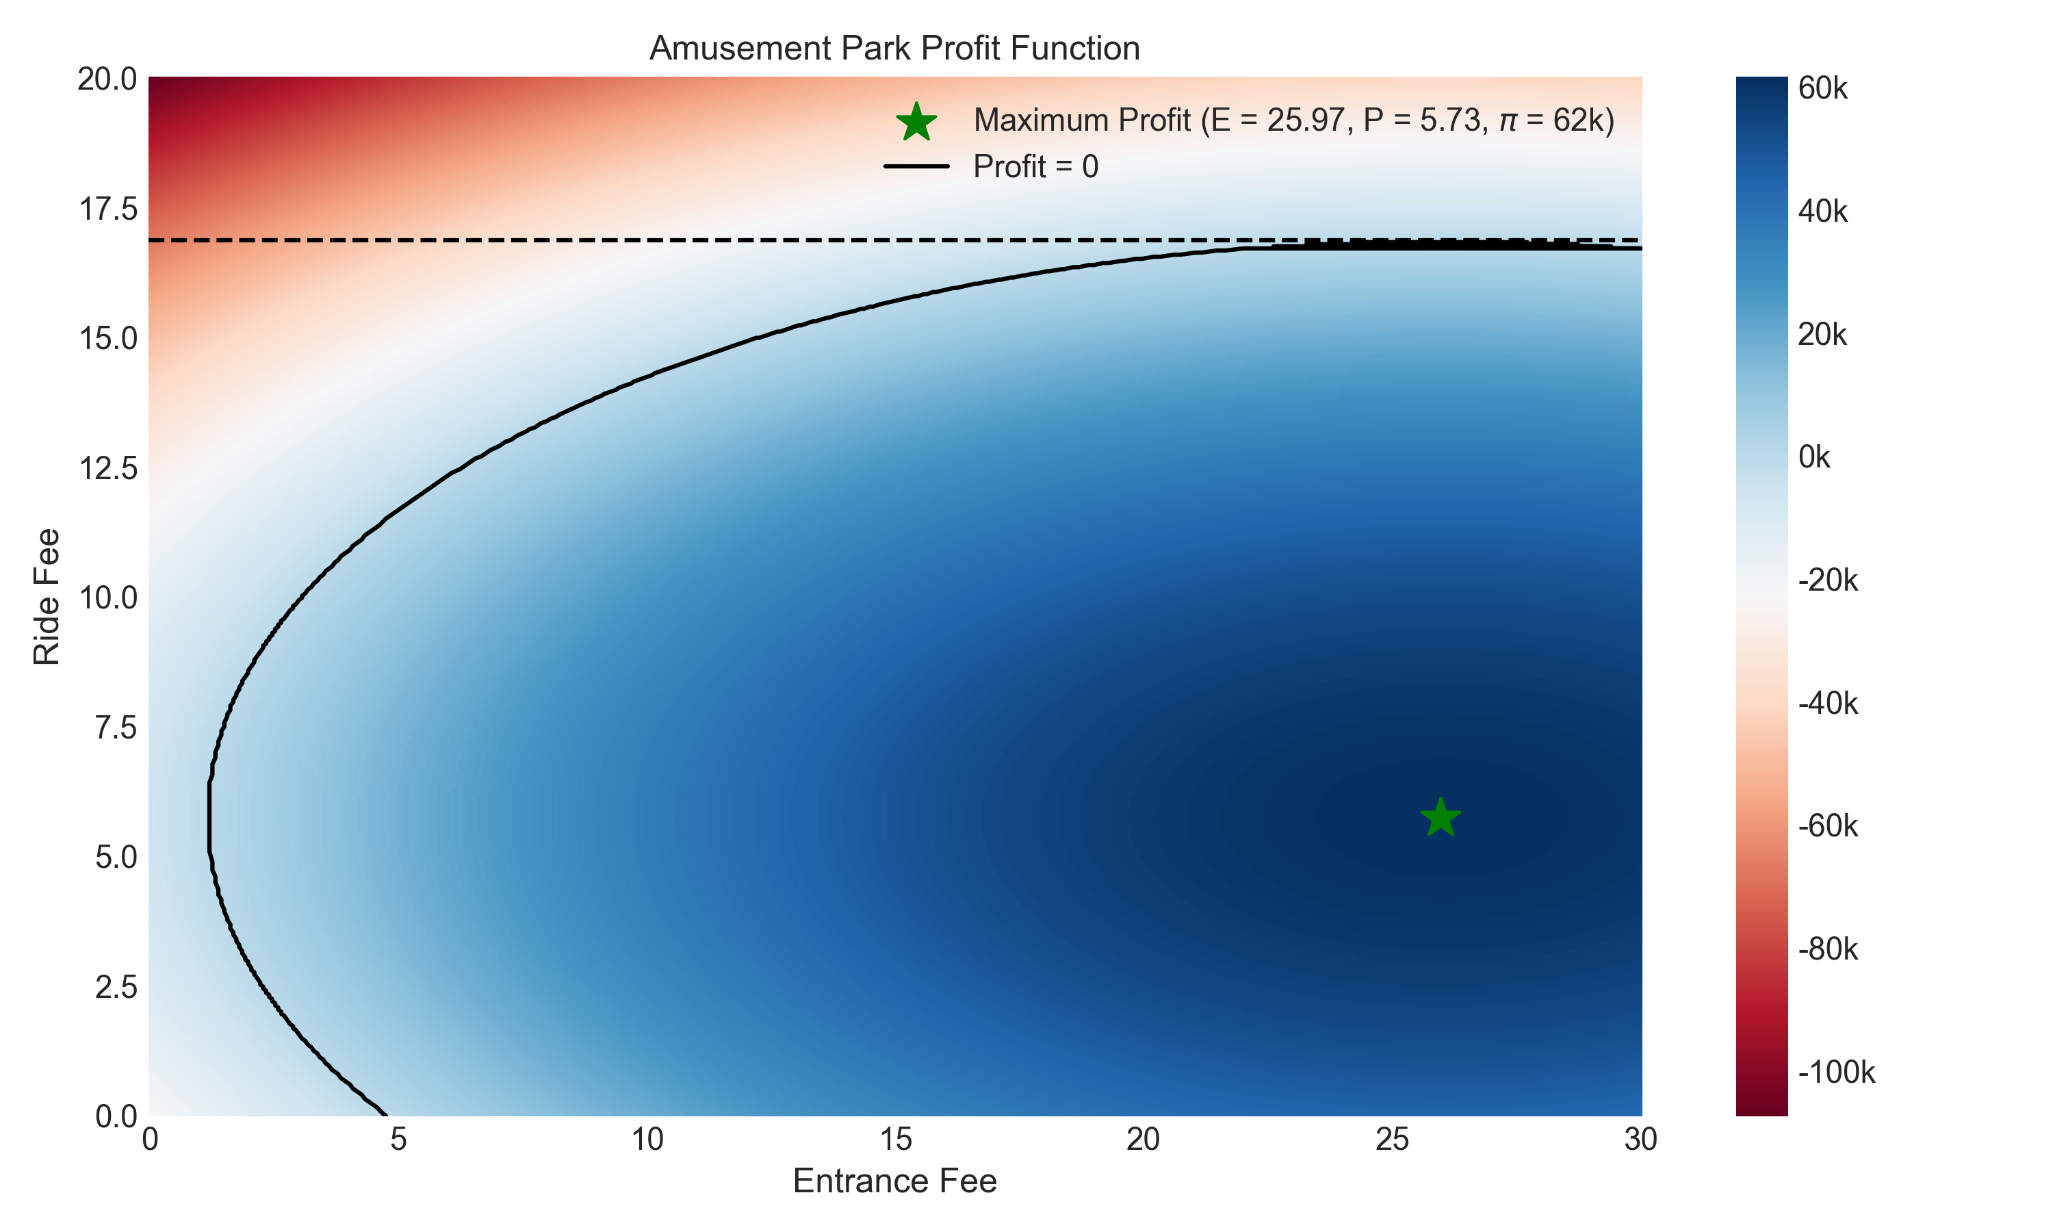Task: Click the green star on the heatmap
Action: [x=1440, y=818]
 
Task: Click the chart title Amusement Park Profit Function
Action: [x=894, y=48]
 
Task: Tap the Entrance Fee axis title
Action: [x=894, y=1181]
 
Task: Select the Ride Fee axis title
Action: [x=47, y=596]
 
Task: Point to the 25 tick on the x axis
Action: [x=1392, y=1140]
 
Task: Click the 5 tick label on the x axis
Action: [x=398, y=1140]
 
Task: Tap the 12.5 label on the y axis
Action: [x=108, y=468]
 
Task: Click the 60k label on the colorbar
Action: [x=1822, y=88]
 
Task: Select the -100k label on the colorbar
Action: [x=1835, y=1072]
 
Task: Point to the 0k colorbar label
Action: [x=1814, y=457]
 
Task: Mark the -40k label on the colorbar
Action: [x=1827, y=703]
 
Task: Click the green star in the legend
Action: [x=916, y=122]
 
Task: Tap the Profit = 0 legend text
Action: [x=1035, y=167]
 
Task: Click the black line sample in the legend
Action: [x=916, y=167]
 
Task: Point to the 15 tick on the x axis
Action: [x=894, y=1140]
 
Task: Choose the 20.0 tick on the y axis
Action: [x=108, y=79]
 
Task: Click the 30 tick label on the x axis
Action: [x=1640, y=1140]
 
